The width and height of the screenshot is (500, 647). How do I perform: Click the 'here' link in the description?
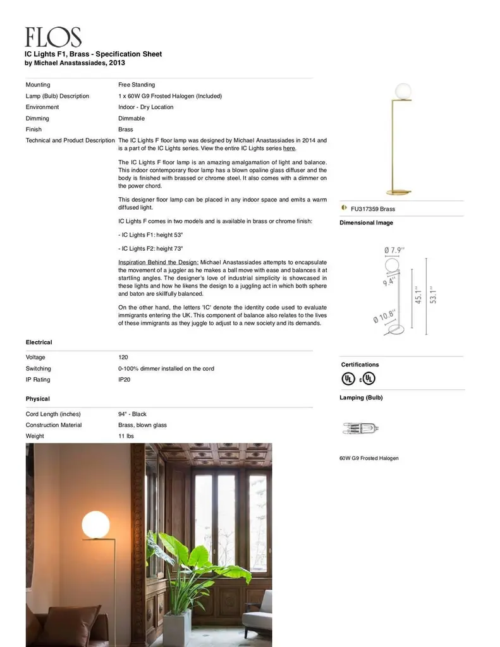pos(289,148)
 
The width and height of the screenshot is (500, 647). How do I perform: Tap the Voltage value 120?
pos(123,358)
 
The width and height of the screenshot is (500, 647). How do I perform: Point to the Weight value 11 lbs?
pos(126,436)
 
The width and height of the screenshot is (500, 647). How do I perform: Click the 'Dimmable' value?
pos(131,118)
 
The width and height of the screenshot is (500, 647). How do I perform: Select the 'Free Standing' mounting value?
pos(137,85)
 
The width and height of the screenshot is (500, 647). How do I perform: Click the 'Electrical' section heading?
pos(39,342)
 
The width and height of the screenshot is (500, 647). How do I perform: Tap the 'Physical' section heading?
pos(37,399)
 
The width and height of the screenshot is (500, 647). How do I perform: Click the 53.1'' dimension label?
pos(433,295)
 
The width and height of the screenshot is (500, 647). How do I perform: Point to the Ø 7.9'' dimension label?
pos(394,251)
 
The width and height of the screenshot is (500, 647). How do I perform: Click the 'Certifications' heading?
pos(360,365)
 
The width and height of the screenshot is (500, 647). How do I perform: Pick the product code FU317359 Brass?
pos(373,209)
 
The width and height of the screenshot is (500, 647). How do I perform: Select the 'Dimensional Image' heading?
pos(366,223)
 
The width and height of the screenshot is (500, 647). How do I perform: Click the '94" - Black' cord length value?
pos(132,414)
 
